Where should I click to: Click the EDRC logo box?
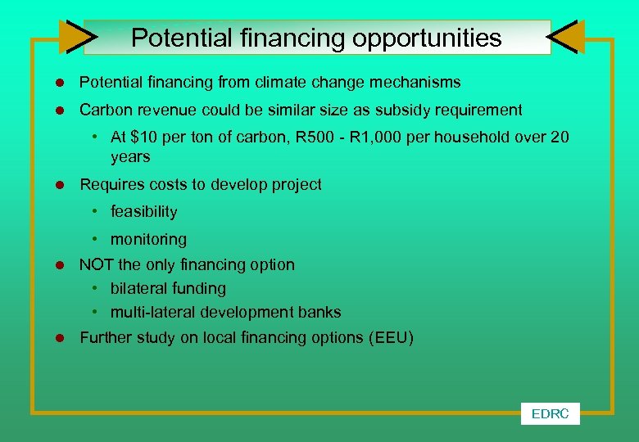pos(550,413)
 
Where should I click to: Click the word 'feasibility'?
pos(143,211)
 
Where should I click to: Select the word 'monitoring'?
pos(148,239)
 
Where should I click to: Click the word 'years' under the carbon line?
pos(130,156)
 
